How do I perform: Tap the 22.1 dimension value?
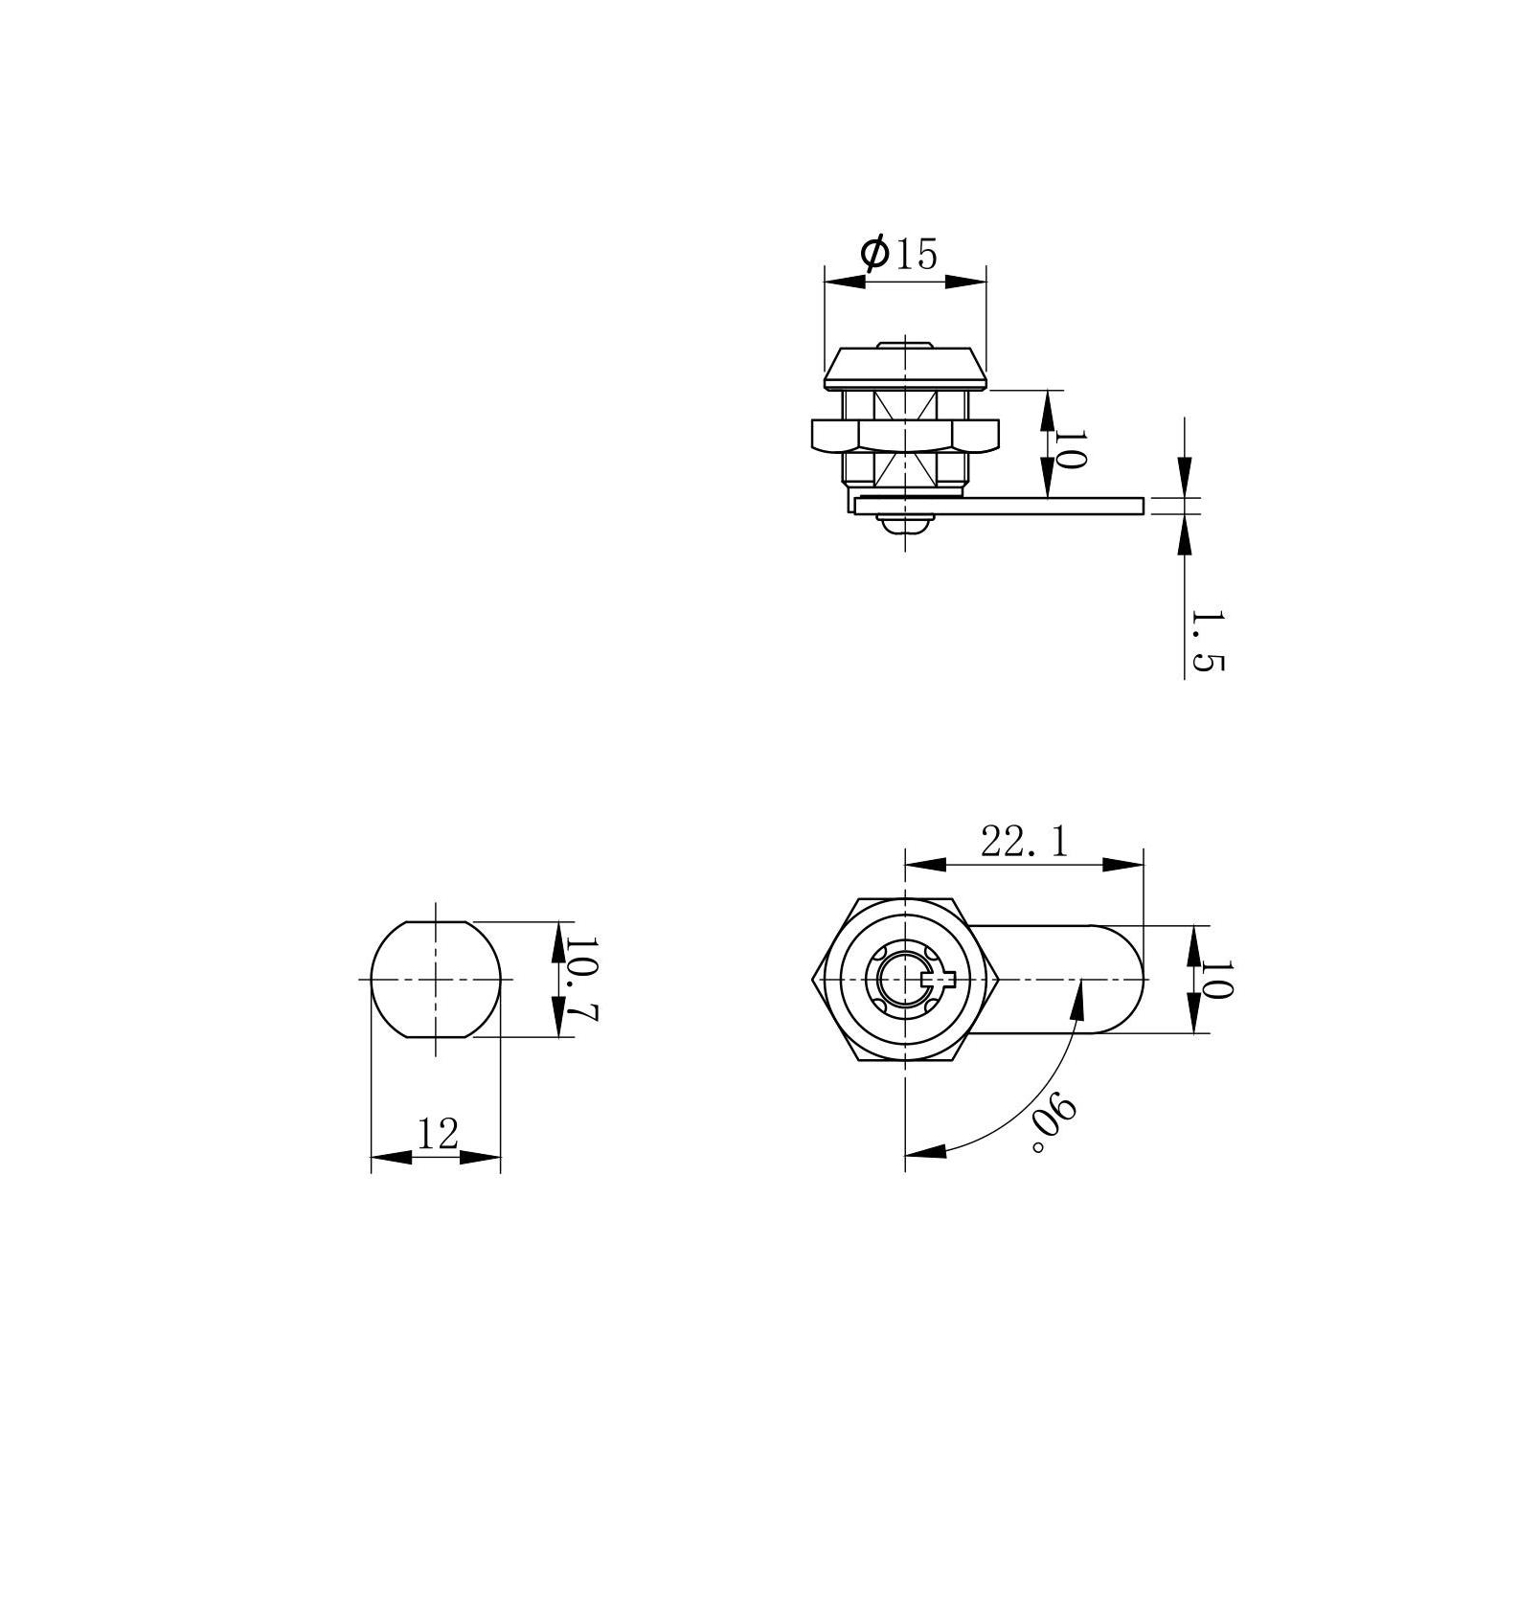pyautogui.click(x=1024, y=842)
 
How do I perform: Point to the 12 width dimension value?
pyautogui.click(x=439, y=1134)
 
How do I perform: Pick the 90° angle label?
pyautogui.click(x=1054, y=1124)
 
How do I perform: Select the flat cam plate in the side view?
pyautogui.click(x=1000, y=505)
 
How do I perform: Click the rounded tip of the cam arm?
pyautogui.click(x=1130, y=980)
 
